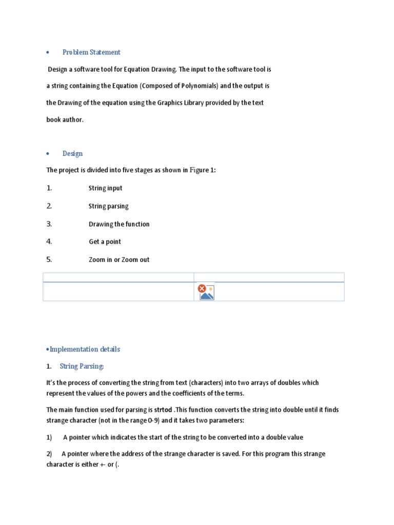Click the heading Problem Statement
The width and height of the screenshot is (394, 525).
point(91,52)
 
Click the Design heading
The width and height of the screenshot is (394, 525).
point(72,153)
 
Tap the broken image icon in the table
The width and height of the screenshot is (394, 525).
point(206,292)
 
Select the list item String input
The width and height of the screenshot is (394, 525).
point(105,188)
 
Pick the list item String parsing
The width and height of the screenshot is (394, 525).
point(108,206)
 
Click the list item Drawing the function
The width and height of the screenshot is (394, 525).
point(119,224)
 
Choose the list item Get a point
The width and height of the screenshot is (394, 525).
point(105,242)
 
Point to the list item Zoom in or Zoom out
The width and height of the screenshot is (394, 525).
point(119,260)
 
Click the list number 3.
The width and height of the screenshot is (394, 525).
point(49,224)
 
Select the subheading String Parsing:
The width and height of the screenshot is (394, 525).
point(82,367)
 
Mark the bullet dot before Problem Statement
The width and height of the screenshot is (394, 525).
point(47,53)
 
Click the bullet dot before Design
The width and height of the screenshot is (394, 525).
point(47,154)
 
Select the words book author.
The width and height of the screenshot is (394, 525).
point(65,120)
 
